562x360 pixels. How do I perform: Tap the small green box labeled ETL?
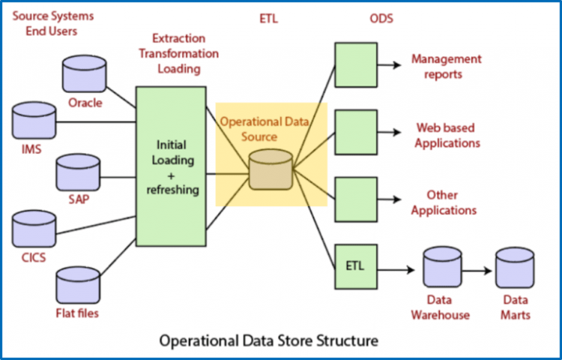tap(355, 264)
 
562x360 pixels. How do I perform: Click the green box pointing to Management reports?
tap(355, 64)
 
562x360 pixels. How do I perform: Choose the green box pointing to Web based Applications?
tap(355, 132)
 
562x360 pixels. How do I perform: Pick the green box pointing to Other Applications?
tap(355, 199)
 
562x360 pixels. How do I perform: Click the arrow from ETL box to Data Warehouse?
tap(397, 265)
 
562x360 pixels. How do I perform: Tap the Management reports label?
tap(446, 66)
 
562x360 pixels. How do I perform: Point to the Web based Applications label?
tap(448, 135)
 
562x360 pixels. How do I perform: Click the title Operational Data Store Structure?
tap(268, 341)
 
